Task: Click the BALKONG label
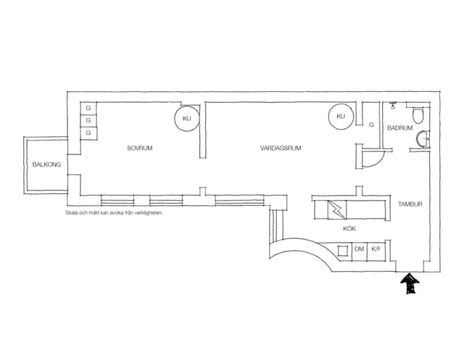pyautogui.click(x=46, y=164)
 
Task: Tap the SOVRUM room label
pyautogui.click(x=140, y=148)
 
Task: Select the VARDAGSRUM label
pyautogui.click(x=281, y=148)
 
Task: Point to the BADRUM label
pyautogui.click(x=399, y=128)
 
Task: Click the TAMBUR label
pyautogui.click(x=410, y=204)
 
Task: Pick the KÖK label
pyautogui.click(x=349, y=228)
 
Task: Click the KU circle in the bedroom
pyautogui.click(x=186, y=118)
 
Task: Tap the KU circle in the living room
pyautogui.click(x=341, y=117)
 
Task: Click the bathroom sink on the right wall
pyautogui.click(x=423, y=139)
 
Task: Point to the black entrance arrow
pyautogui.click(x=410, y=284)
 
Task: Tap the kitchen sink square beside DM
pyautogui.click(x=344, y=251)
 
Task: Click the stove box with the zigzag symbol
pyautogui.click(x=336, y=209)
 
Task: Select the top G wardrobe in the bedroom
pyautogui.click(x=88, y=109)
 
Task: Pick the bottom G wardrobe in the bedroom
pyautogui.click(x=88, y=133)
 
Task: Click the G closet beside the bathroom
pyautogui.click(x=371, y=125)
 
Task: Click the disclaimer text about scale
pyautogui.click(x=115, y=213)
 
